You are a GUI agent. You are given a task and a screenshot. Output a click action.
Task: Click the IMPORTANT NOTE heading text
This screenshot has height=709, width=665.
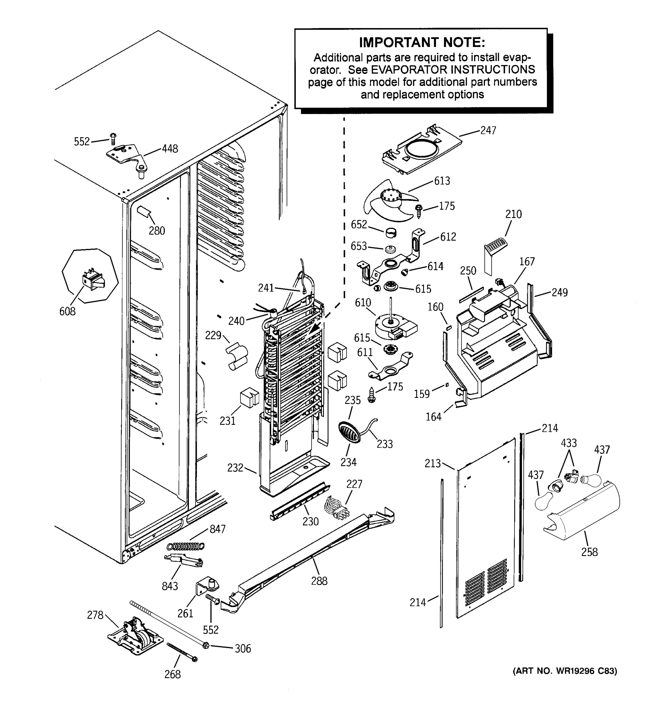point(422,43)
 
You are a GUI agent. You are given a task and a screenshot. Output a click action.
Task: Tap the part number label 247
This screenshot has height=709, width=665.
point(488,131)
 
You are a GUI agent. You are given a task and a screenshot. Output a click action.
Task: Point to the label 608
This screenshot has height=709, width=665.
point(67,311)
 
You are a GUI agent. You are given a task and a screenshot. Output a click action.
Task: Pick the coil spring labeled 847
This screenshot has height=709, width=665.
point(186,546)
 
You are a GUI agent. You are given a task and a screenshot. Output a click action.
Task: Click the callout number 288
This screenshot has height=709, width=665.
point(319,581)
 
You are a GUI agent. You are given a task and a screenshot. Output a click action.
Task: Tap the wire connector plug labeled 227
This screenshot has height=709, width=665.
point(336,507)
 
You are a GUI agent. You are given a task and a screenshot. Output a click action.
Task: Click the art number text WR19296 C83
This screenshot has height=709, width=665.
point(585,671)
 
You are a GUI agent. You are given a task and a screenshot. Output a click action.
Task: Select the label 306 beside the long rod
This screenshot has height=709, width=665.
point(243,648)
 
